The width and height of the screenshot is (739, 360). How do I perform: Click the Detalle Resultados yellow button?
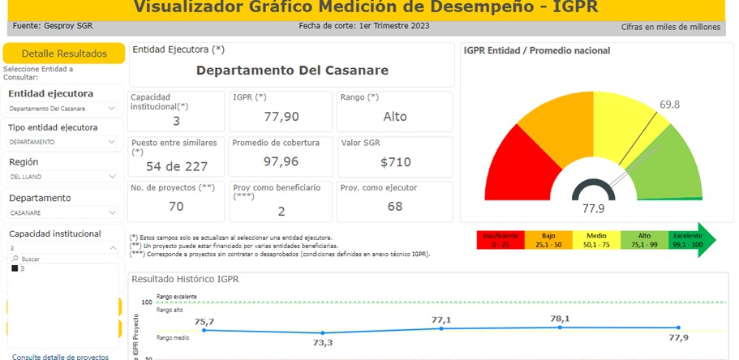click(63, 54)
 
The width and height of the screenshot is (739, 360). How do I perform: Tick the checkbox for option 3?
click(15, 268)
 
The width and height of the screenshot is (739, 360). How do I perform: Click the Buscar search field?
click(49, 259)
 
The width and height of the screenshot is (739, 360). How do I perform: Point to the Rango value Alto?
click(395, 116)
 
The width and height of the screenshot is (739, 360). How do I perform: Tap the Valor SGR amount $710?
click(396, 162)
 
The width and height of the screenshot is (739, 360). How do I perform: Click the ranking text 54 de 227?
click(175, 166)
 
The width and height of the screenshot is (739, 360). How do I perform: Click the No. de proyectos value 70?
click(176, 206)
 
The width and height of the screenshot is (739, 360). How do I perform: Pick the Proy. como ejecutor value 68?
click(395, 206)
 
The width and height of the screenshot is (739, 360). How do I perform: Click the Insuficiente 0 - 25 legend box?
click(497, 239)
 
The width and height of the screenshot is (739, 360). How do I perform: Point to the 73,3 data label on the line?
click(324, 343)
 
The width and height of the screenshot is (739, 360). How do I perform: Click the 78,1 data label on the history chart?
click(560, 319)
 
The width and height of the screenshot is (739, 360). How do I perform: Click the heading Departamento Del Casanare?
click(292, 70)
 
